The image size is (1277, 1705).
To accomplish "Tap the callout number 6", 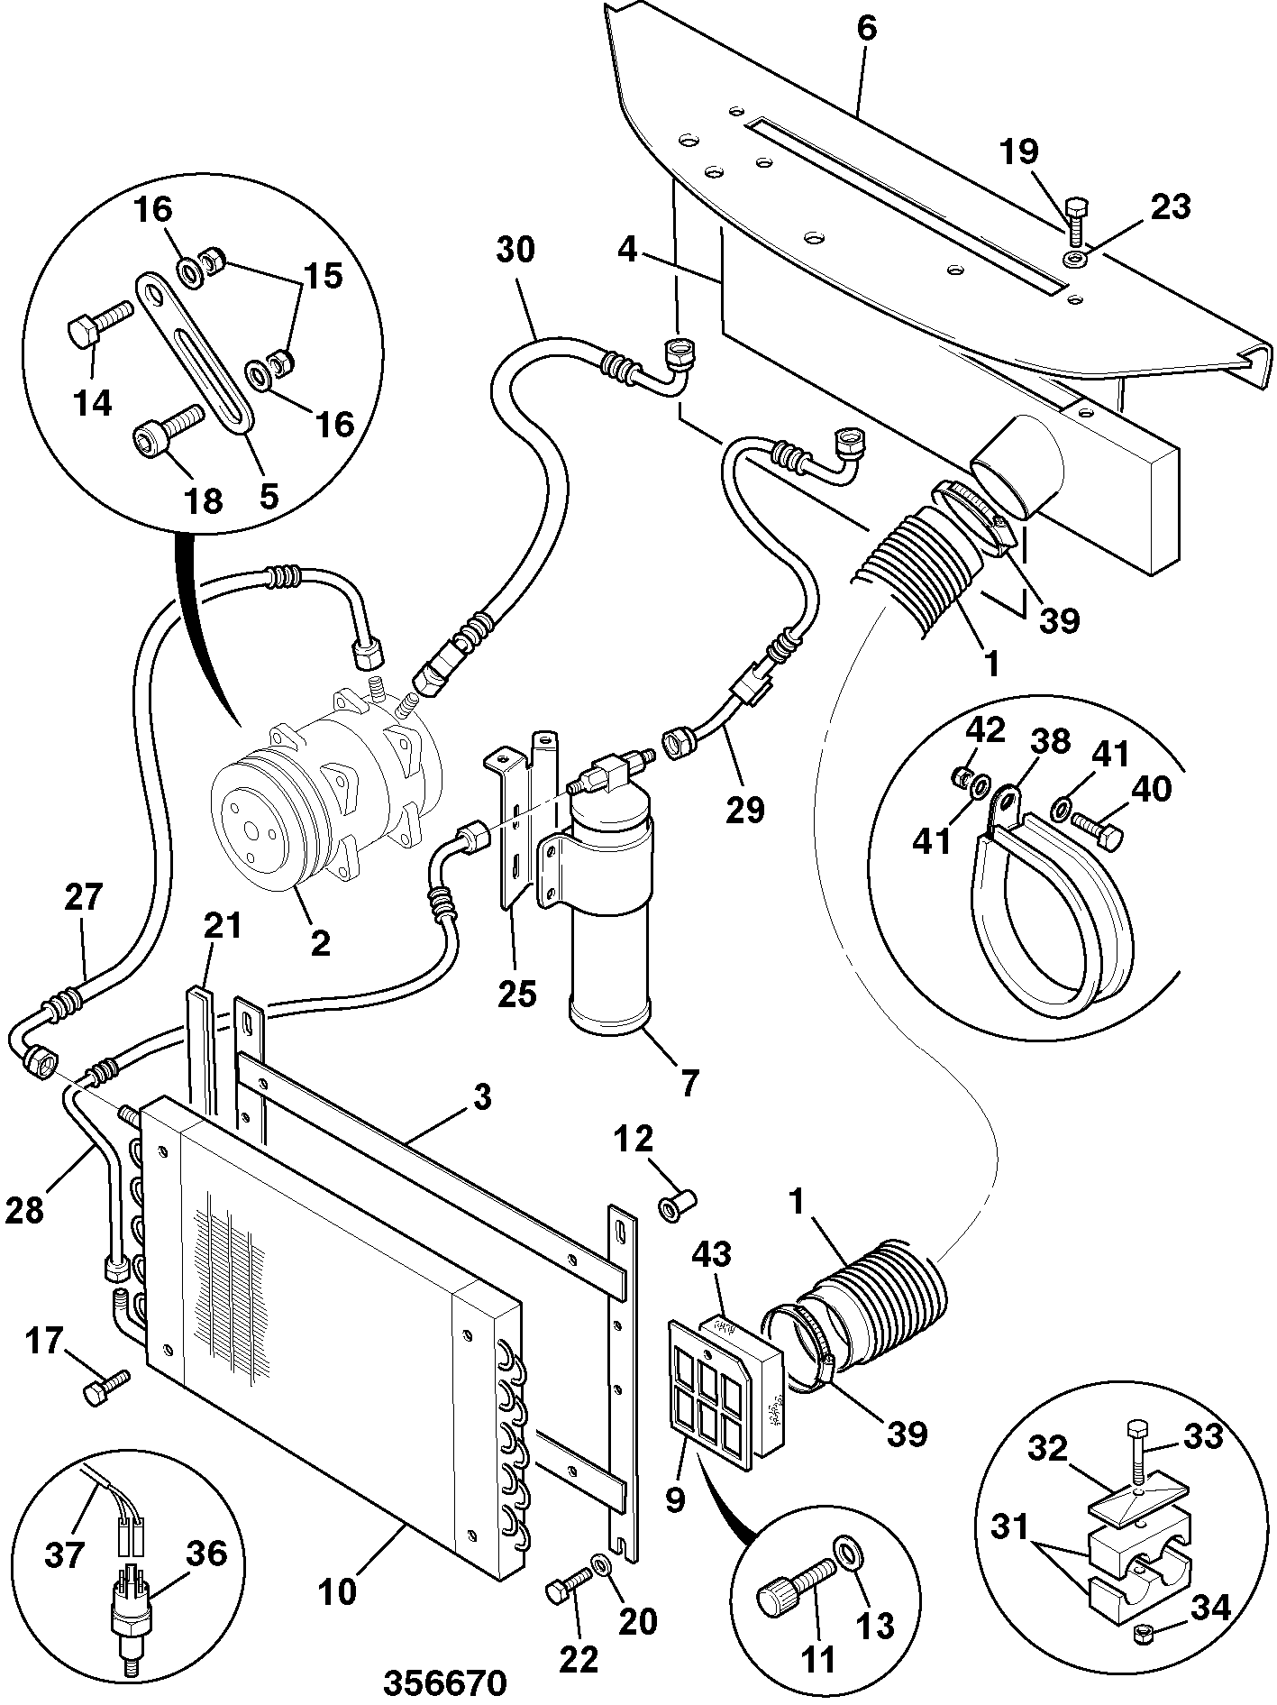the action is (866, 28).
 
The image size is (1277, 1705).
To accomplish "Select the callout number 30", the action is (515, 249).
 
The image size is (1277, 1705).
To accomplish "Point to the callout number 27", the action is (84, 898).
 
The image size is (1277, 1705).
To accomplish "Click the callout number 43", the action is (713, 1253).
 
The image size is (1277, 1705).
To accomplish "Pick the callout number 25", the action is (516, 994).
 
